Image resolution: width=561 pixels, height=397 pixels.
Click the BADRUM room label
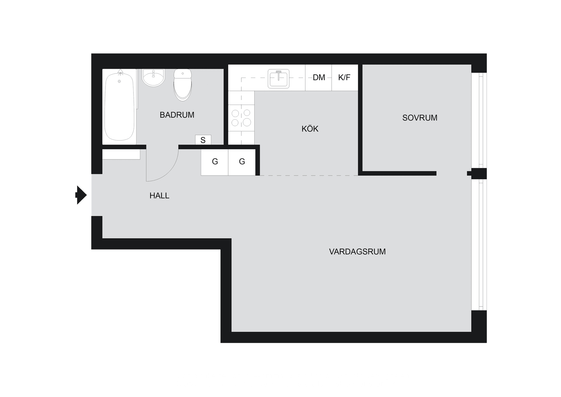[x=177, y=115]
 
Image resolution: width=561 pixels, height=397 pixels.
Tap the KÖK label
[x=310, y=129]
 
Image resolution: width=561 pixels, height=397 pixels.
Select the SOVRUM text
[x=420, y=118]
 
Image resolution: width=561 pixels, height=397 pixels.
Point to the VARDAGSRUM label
[x=357, y=252]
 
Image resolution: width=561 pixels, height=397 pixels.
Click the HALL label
[x=159, y=196]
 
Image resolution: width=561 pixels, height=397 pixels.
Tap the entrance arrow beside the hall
[x=81, y=195]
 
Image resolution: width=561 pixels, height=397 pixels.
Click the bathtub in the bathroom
[x=119, y=107]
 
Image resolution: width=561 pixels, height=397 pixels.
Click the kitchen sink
[x=278, y=78]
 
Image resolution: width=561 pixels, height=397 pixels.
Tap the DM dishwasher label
[x=318, y=78]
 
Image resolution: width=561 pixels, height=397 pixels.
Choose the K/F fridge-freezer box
[x=344, y=78]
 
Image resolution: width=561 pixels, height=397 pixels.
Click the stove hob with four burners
[x=241, y=118]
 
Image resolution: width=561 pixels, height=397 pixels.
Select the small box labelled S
[x=203, y=140]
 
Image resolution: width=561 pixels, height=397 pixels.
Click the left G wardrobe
[x=215, y=162]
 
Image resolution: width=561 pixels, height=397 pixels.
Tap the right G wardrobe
[x=242, y=162]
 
